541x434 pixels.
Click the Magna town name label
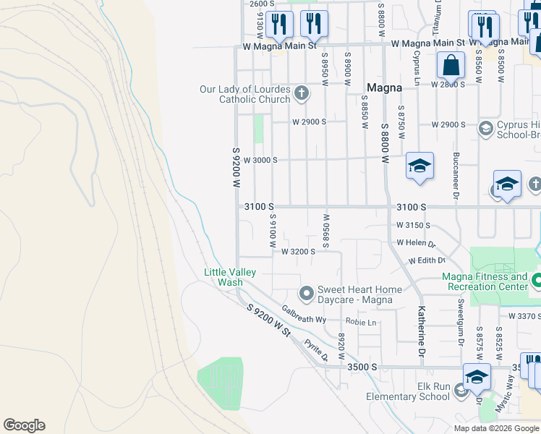point(384,88)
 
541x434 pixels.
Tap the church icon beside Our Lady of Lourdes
point(302,93)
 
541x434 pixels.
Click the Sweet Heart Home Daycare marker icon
point(307,294)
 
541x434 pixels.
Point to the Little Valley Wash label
point(229,277)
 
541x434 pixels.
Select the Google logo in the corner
point(24,425)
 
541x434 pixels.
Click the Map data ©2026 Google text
point(495,428)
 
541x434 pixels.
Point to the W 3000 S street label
point(260,160)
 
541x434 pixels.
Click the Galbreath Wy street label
point(304,314)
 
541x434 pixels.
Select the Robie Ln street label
point(361,322)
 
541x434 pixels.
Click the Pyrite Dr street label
point(316,350)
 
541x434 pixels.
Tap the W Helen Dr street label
point(415,244)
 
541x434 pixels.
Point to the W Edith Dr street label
point(426,260)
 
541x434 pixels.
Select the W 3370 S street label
point(524,316)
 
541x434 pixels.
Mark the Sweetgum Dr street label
point(459,318)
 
